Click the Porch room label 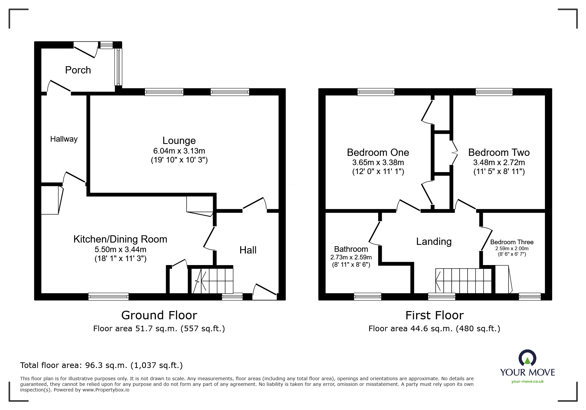click(78, 70)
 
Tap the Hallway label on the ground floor click(64, 139)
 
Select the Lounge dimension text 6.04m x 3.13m click(179, 151)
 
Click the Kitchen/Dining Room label click(120, 239)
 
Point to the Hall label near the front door click(248, 250)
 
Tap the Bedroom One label click(378, 153)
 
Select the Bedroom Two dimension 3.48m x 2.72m click(499, 162)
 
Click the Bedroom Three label click(512, 242)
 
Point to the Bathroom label click(351, 249)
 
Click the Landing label click(434, 242)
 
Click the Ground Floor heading click(159, 315)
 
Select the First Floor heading click(434, 315)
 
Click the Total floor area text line click(101, 365)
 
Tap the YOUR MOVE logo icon click(527, 358)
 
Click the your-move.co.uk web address click(527, 382)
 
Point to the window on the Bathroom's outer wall click(368, 296)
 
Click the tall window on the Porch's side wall click(118, 66)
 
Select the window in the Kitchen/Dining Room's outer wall click(109, 296)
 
